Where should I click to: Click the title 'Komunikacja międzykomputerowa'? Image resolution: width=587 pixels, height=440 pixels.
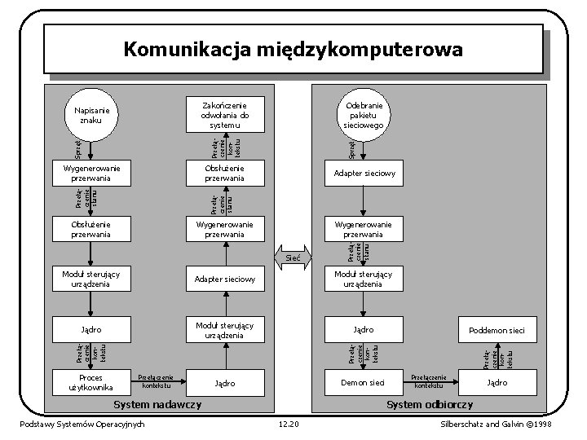tap(293, 50)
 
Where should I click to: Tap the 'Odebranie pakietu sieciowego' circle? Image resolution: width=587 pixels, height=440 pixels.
tap(363, 116)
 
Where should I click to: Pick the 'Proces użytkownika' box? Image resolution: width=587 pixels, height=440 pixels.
tap(90, 382)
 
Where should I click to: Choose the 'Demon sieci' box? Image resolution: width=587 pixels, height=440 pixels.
tap(363, 382)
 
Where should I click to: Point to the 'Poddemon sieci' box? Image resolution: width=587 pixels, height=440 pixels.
tap(497, 330)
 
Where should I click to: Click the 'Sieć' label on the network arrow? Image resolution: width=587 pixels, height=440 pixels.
tap(293, 257)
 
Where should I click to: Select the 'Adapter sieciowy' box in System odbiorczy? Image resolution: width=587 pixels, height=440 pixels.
tap(363, 174)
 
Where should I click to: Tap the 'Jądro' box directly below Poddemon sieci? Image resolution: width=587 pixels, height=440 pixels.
tap(497, 382)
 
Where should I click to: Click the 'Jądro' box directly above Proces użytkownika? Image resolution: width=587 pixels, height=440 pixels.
tap(90, 329)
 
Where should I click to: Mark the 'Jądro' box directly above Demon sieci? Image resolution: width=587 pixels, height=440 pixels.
tap(363, 329)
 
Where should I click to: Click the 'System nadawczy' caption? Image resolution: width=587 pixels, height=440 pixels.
tap(158, 405)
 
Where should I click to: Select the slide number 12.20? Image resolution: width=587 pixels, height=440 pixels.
tap(289, 424)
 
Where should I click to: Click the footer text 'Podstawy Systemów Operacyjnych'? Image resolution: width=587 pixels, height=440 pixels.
tap(83, 424)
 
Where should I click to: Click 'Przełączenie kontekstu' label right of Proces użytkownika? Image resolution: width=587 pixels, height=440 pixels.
tap(155, 381)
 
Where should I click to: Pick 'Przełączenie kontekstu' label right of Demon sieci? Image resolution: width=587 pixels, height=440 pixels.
tap(430, 381)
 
